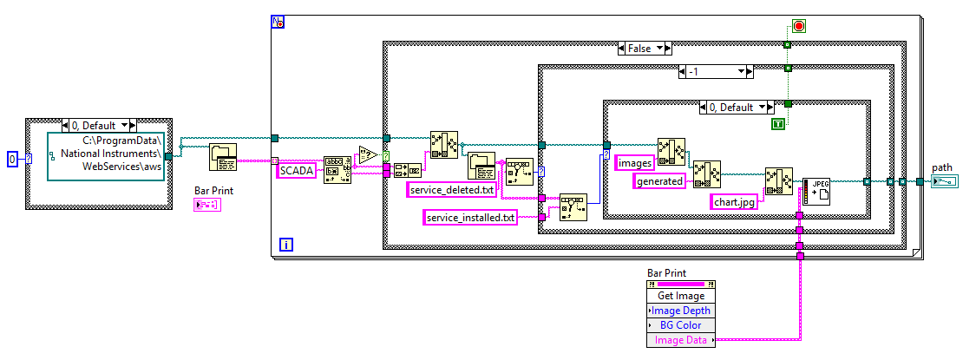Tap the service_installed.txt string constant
tap(469, 218)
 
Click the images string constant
tap(634, 162)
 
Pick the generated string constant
tap(659, 181)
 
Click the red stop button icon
tap(799, 27)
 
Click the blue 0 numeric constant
tap(12, 159)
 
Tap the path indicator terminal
tap(944, 180)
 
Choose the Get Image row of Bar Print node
tap(681, 297)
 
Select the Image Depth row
tap(681, 311)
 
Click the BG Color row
tap(681, 325)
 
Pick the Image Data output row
tap(681, 340)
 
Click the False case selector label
tap(645, 49)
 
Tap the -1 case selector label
tap(716, 71)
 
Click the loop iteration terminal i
tap(286, 245)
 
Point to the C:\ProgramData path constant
tap(105, 154)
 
